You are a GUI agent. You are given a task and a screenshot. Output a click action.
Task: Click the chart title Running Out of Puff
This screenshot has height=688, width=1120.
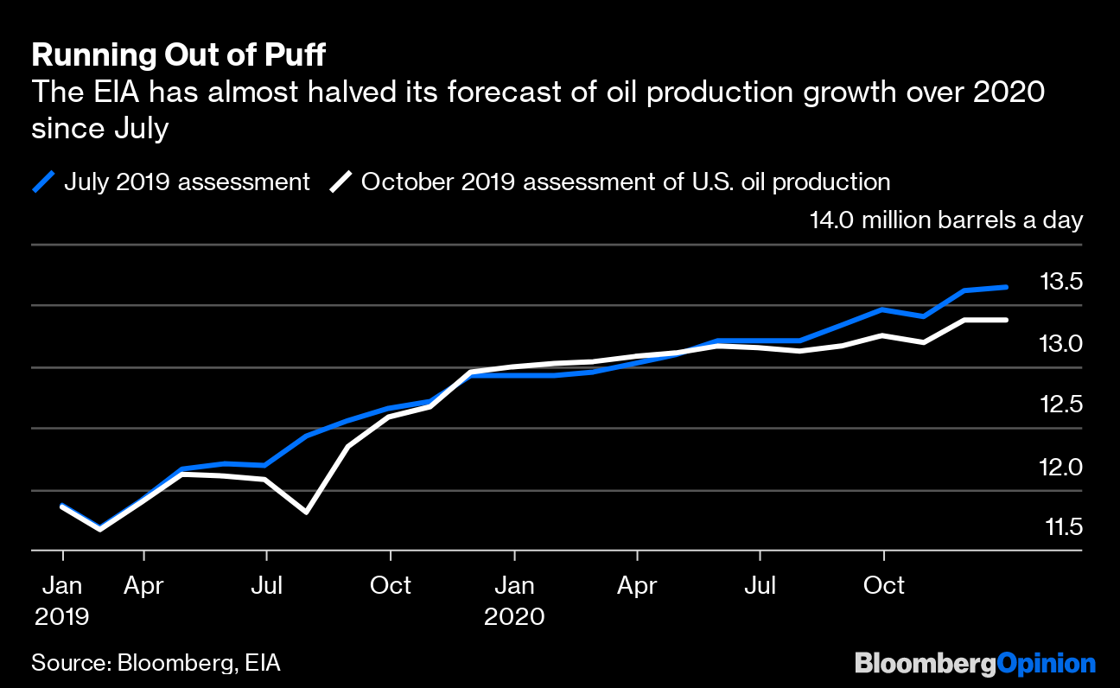[179, 55]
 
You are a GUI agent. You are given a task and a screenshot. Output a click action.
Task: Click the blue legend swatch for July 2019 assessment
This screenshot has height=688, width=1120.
[43, 182]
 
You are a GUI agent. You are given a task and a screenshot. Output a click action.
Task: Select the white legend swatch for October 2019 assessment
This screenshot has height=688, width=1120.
[341, 182]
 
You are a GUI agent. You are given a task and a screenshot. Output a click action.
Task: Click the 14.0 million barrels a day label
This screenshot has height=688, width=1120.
[945, 220]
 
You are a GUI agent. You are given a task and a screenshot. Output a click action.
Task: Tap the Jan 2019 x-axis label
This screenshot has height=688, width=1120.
[61, 600]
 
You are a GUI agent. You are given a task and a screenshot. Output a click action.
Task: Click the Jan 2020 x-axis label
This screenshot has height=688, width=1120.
[514, 600]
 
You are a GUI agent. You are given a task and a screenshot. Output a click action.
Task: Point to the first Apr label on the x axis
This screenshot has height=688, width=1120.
[143, 586]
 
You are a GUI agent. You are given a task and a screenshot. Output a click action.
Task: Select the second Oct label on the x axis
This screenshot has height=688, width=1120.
[884, 586]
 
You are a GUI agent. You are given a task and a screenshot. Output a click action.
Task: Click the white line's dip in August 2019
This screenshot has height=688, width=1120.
[307, 513]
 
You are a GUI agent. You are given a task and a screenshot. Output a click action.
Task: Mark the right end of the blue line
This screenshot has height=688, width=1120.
[1005, 287]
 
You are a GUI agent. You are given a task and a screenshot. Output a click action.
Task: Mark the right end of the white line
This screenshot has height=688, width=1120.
[1005, 320]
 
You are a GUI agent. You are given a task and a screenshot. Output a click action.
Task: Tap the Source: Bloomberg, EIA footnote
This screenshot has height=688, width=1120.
[156, 663]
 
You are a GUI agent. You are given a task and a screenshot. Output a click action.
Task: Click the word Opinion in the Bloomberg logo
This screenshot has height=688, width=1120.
[1046, 663]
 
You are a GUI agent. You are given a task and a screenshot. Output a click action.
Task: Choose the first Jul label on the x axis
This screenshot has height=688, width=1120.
[266, 586]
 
